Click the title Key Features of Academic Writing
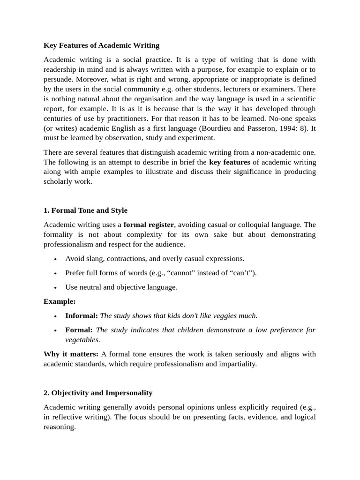point(101,45)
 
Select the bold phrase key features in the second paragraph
point(229,162)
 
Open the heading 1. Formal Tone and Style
point(85,210)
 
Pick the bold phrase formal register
point(149,225)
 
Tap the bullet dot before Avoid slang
point(56,259)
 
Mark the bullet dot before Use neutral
point(56,287)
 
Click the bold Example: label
point(60,301)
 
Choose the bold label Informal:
point(82,315)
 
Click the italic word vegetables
point(82,340)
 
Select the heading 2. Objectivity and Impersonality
point(98,393)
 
